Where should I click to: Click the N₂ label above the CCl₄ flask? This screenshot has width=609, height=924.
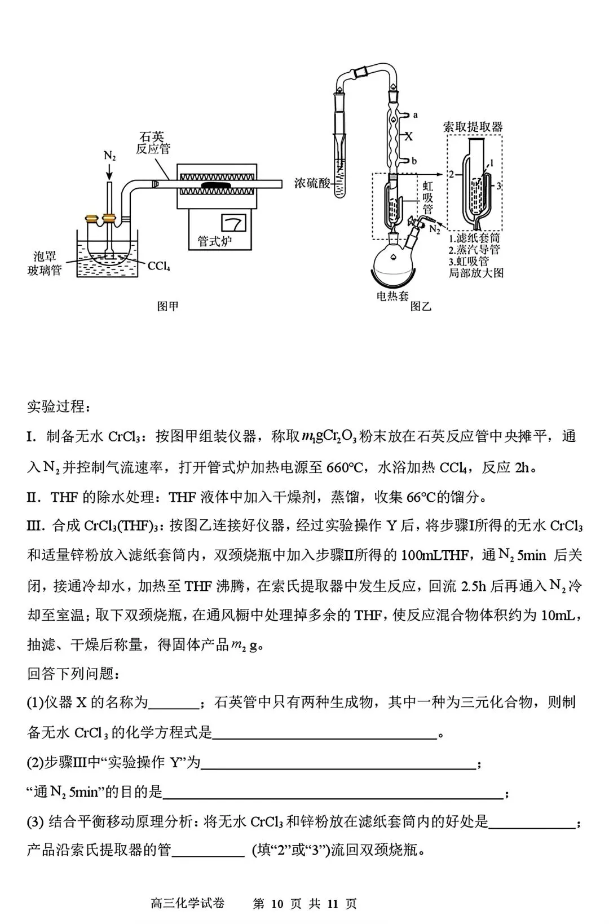tap(109, 156)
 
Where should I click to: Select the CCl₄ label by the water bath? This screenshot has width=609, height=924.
tap(159, 266)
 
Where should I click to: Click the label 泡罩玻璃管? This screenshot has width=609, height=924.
tap(45, 263)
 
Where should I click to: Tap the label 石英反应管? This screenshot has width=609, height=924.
tap(153, 143)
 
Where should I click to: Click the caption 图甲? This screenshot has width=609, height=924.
tap(167, 307)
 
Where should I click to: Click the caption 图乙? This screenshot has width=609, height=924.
tap(421, 307)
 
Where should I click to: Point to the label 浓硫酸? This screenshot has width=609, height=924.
tap(312, 183)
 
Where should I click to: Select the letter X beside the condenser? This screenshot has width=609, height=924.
tap(410, 136)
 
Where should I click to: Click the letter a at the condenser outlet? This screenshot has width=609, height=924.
tap(416, 115)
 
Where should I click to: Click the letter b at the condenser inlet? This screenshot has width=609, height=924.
tap(414, 161)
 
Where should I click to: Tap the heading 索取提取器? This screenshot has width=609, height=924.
tap(473, 126)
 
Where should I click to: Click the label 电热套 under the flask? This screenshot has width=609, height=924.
tap(392, 295)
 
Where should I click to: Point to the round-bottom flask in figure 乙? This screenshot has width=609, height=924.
tap(391, 260)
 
